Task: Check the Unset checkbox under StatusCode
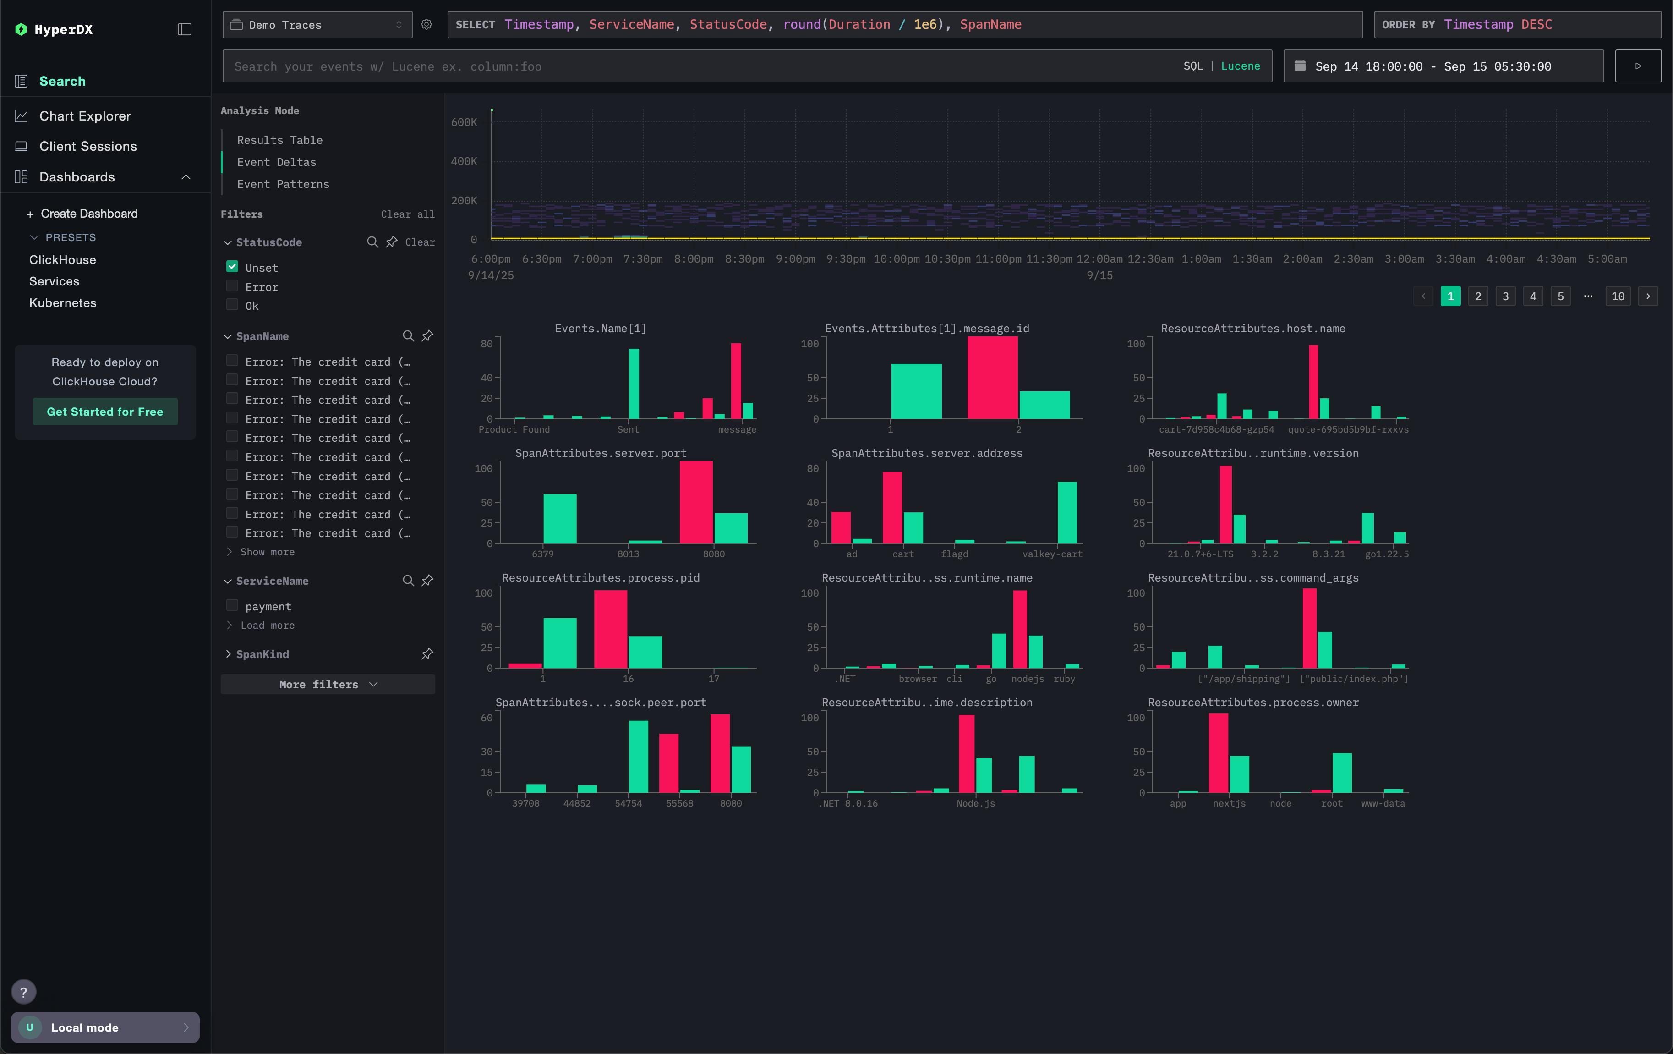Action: [232, 267]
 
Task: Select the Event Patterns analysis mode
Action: [283, 184]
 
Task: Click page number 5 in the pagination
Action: [1560, 296]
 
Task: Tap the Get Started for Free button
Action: [105, 412]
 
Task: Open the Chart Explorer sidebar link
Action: [85, 116]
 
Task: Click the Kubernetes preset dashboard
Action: [62, 303]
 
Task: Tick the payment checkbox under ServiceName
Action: [232, 606]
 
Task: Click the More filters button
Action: [327, 684]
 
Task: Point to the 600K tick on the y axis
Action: [464, 122]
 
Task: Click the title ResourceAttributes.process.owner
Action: [1252, 703]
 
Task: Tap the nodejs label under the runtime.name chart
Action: [1027, 679]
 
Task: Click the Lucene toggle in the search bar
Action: [1240, 66]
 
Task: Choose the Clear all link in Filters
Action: [407, 214]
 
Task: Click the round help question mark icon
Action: [24, 992]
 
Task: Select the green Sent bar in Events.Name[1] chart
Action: [634, 384]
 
